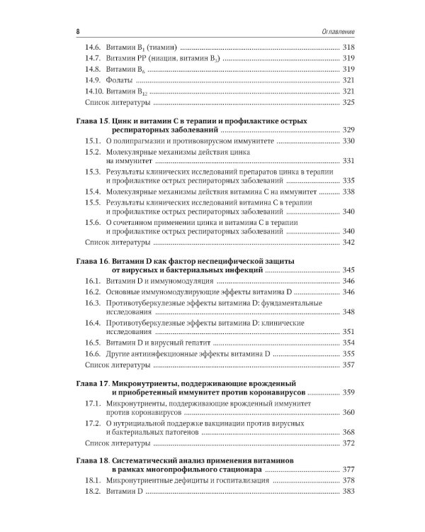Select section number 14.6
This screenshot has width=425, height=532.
[x=93, y=47]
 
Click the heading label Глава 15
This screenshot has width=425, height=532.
[x=92, y=122]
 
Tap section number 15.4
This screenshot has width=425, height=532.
[x=93, y=192]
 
